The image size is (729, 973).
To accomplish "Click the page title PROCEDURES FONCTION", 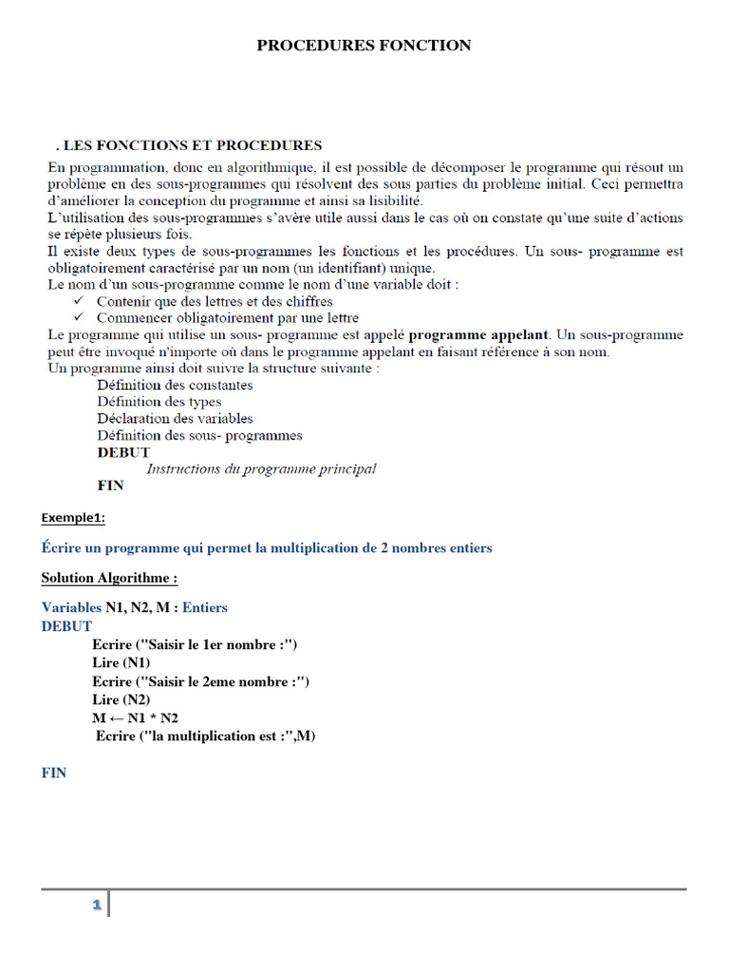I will (x=364, y=46).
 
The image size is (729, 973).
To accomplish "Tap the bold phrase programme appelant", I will (x=478, y=335).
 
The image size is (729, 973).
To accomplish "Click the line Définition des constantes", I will (x=175, y=385).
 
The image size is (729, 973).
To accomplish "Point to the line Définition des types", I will (x=159, y=402).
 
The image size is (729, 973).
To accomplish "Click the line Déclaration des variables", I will (x=175, y=419).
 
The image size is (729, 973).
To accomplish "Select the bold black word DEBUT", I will (x=123, y=452).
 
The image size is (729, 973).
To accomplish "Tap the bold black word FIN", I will (x=110, y=486).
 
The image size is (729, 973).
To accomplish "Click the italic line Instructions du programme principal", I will (x=261, y=469).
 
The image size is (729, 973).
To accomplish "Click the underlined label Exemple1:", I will (x=73, y=518).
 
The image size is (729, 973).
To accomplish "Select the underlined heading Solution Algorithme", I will (x=109, y=578).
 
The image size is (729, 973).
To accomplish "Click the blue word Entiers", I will (x=204, y=607).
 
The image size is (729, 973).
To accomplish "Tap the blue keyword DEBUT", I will (x=66, y=626).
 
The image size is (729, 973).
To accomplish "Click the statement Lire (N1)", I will (x=121, y=663).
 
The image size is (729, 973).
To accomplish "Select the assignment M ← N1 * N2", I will (x=135, y=718).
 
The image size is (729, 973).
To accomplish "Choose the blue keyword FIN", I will (x=54, y=773).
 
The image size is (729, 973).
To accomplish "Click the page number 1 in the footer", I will (x=96, y=906).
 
